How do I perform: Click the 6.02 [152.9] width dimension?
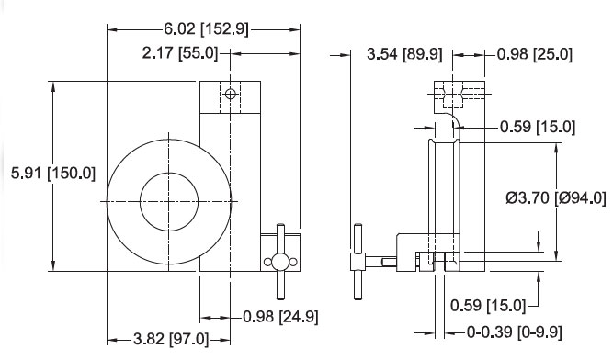(206, 28)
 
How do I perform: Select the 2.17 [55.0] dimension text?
(180, 52)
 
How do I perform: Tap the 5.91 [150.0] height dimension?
(53, 173)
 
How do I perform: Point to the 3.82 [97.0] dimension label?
(171, 339)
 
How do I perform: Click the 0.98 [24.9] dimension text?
(280, 317)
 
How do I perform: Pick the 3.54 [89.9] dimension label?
(404, 54)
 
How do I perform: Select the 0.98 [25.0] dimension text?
(535, 54)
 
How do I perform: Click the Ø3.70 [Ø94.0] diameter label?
(555, 198)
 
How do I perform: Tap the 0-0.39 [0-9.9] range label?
(515, 332)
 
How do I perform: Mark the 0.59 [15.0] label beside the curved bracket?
(538, 127)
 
